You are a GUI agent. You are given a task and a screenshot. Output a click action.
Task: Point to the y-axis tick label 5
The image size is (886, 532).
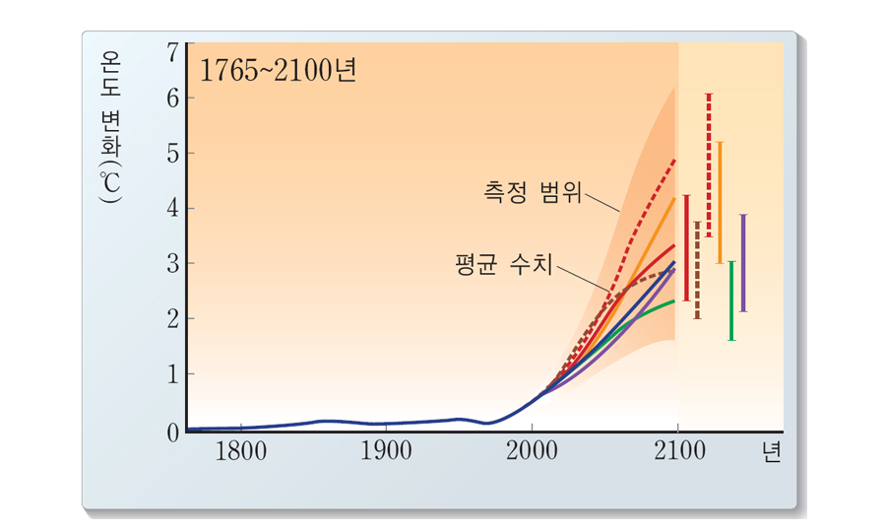173,154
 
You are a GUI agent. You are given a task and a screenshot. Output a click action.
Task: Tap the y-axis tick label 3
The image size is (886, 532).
173,264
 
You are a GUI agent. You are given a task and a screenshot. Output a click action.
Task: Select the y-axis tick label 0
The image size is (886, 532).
173,432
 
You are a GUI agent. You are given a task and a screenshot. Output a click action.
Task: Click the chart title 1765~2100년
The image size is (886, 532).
277,71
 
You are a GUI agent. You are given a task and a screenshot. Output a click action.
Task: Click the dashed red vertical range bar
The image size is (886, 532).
709,166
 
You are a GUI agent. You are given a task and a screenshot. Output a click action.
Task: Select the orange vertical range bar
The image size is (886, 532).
721,202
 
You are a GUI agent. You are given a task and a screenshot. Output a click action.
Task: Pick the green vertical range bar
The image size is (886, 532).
731,300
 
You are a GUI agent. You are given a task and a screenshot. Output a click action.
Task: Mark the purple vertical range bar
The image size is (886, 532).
743,263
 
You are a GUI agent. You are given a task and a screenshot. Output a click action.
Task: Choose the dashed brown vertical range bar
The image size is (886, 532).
697,270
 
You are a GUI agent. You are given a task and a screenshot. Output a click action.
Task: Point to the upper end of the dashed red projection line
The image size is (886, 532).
674,160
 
